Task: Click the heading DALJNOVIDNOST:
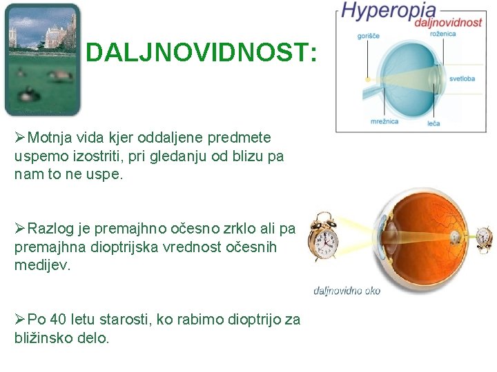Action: (x=202, y=53)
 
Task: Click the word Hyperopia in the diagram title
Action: (x=388, y=10)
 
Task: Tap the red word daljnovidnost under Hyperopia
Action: (x=448, y=22)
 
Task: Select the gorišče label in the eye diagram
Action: (x=369, y=36)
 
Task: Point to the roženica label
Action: (x=442, y=33)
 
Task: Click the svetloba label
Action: (x=462, y=79)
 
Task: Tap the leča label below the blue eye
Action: (x=433, y=123)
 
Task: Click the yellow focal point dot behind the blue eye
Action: (x=367, y=80)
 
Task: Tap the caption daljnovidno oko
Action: (x=347, y=290)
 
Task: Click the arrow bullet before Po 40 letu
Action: (x=20, y=319)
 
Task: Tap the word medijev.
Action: (x=42, y=265)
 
